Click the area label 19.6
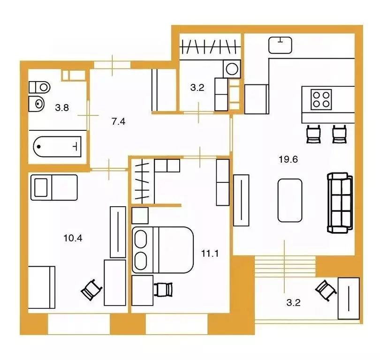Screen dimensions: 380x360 point(288,159)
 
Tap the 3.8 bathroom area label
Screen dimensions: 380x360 point(62,107)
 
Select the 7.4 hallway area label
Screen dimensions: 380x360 point(119,121)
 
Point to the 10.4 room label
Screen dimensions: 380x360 point(73,238)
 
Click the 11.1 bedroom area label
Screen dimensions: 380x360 point(210,254)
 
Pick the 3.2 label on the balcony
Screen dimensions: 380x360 point(294,303)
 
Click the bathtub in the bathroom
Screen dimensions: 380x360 point(57,146)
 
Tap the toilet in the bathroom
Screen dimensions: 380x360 point(39,87)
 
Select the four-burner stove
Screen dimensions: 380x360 point(321,99)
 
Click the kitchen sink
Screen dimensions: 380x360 point(280,45)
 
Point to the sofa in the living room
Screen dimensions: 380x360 point(340,203)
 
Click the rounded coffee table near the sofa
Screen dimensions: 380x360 point(290,200)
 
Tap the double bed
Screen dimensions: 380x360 point(163,250)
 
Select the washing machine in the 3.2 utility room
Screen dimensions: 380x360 point(232,69)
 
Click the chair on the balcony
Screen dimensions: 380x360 point(326,290)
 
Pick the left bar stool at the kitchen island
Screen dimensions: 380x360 point(313,134)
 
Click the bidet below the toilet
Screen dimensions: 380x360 point(36,104)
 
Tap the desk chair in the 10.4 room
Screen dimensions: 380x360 point(91,290)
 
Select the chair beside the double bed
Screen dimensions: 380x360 point(164,290)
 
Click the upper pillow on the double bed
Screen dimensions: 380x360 point(141,239)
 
